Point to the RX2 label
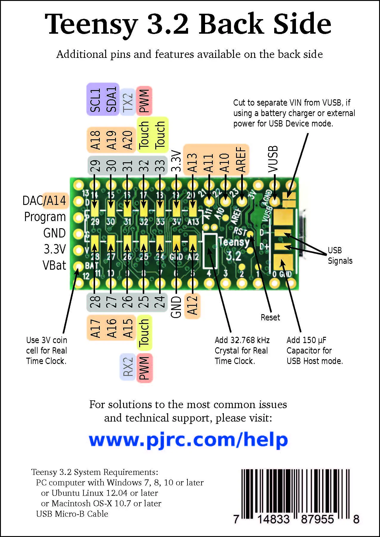coord(128,367)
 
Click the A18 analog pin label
coord(95,140)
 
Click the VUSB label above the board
coord(273,159)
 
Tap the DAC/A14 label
coord(44,200)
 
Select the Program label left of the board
coord(45,217)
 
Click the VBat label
coord(54,265)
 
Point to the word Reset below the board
coord(270,317)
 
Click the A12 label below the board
coord(193,305)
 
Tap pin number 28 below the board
coord(95,302)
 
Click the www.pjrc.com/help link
coord(188,440)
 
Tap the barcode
coord(295,494)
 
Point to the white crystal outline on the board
coord(210,251)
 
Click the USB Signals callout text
coord(340,255)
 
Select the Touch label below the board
coord(144,332)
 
